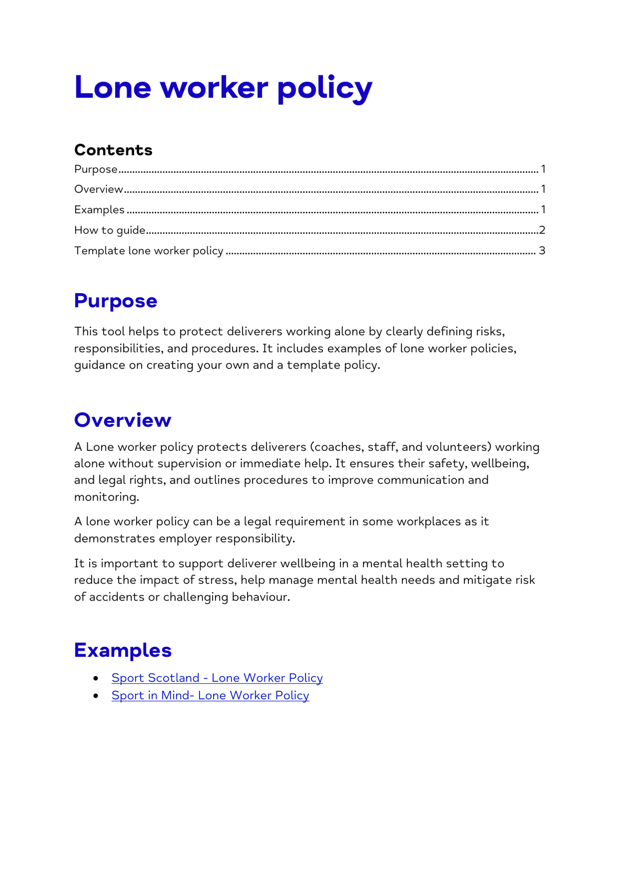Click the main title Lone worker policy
pos(223,88)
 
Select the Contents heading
pos(113,150)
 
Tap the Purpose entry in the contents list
pos(96,169)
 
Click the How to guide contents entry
pos(110,230)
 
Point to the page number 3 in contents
pos(542,251)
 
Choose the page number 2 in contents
pos(542,230)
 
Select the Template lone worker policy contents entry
pos(149,251)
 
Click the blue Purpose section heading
pos(116,301)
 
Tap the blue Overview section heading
pos(123,420)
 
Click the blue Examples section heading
pos(123,650)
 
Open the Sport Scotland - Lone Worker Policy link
pos(217,678)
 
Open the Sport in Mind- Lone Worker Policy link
pos(210,695)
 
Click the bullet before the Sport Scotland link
pos(96,678)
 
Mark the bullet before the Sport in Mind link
pos(96,696)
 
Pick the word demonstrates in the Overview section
pos(115,539)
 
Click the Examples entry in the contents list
pos(99,210)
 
